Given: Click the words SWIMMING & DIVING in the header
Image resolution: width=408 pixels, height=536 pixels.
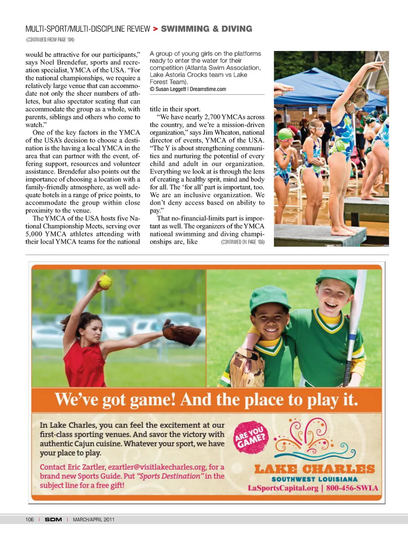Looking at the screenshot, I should click(x=207, y=29).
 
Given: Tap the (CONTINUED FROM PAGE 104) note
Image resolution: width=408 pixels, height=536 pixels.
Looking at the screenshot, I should click(x=50, y=40).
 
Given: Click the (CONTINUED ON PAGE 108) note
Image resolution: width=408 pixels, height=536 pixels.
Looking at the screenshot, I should click(x=243, y=242).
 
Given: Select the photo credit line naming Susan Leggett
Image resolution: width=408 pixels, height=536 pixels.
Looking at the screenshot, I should click(x=188, y=89).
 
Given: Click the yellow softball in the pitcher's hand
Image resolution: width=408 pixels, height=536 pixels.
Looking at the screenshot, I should click(x=105, y=282).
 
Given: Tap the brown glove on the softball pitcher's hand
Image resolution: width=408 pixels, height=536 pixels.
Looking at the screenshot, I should click(x=181, y=333).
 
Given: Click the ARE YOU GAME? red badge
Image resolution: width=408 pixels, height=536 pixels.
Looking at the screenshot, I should click(x=251, y=438).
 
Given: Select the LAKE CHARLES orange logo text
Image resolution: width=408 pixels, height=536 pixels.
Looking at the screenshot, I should click(x=314, y=469).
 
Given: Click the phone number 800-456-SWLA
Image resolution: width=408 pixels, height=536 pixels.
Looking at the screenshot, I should click(x=352, y=488).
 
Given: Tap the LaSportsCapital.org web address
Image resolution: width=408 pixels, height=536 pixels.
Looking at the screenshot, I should click(x=283, y=488).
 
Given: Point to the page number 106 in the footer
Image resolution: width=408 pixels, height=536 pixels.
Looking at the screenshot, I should click(x=29, y=519).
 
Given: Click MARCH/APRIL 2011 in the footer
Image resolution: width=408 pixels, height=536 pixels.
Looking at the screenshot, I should click(x=93, y=519).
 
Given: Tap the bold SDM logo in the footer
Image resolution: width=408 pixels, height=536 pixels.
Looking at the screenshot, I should click(x=54, y=519).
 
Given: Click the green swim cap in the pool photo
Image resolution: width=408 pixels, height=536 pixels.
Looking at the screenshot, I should click(x=285, y=134).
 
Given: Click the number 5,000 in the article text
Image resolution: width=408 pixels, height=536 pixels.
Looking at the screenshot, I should click(x=34, y=234).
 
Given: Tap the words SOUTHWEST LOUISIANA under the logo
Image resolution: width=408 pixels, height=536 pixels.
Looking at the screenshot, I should click(x=314, y=479).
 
